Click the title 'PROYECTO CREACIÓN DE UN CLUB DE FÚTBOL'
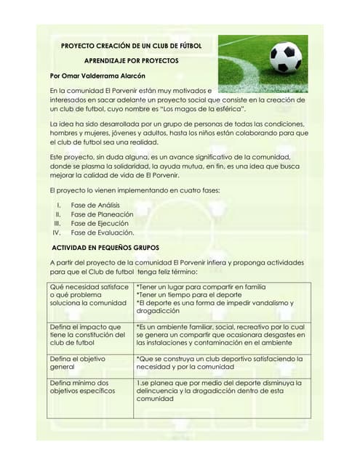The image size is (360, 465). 131,45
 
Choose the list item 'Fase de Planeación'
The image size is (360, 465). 102,214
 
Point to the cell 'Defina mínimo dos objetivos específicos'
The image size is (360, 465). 82,387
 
